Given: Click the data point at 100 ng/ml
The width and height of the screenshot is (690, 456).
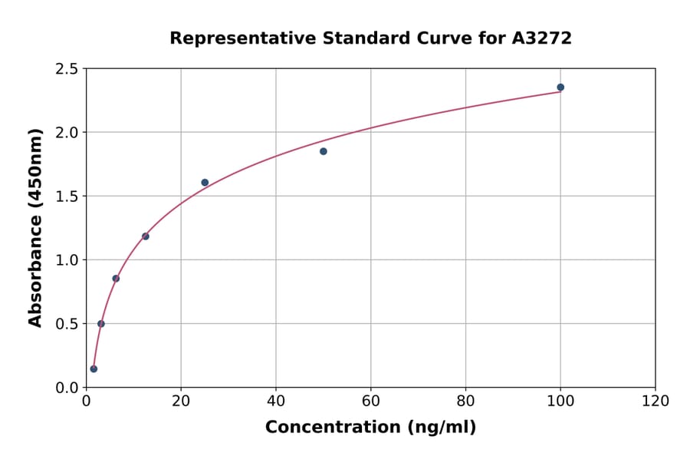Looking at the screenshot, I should (560, 88).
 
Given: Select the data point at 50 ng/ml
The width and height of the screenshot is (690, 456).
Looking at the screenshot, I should (324, 151).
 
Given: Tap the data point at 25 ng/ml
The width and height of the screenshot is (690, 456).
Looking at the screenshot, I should (205, 183).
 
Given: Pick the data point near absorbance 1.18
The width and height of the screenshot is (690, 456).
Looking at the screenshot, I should (146, 236).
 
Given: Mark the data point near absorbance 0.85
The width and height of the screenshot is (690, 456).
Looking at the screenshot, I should (116, 279).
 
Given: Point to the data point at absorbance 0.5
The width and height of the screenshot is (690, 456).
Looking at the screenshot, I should (101, 324).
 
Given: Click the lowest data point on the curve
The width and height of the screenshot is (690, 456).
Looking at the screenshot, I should (94, 369).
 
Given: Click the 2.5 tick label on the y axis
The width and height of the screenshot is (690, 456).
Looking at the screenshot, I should (67, 69).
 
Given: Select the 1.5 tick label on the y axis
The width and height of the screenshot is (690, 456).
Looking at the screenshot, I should (67, 197).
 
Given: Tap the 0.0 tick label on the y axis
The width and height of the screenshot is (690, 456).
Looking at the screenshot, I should (67, 388).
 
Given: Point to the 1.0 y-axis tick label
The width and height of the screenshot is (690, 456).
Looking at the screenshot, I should (67, 260).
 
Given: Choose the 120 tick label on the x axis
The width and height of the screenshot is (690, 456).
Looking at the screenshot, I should (655, 401).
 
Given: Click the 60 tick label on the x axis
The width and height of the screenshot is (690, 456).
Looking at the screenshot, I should (371, 401).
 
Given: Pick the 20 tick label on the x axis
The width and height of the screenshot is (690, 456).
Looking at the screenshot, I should (181, 401).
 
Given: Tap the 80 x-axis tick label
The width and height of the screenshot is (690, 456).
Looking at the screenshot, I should (465, 401).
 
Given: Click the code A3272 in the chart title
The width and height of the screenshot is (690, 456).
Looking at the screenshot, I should (542, 38).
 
